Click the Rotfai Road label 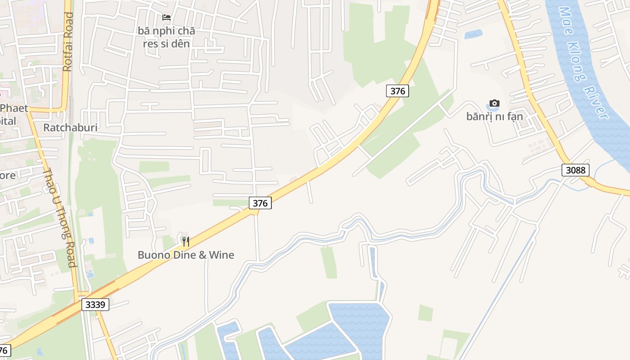pyautogui.click(x=68, y=42)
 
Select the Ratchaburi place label pyautogui.click(x=70, y=127)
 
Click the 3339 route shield pyautogui.click(x=95, y=305)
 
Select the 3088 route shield pyautogui.click(x=576, y=170)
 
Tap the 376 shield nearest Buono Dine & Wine pyautogui.click(x=260, y=203)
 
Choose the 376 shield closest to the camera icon pyautogui.click(x=397, y=91)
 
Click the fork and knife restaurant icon pyautogui.click(x=185, y=242)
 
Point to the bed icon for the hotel pyautogui.click(x=166, y=18)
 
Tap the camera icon pyautogui.click(x=495, y=103)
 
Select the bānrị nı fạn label pyautogui.click(x=495, y=117)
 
